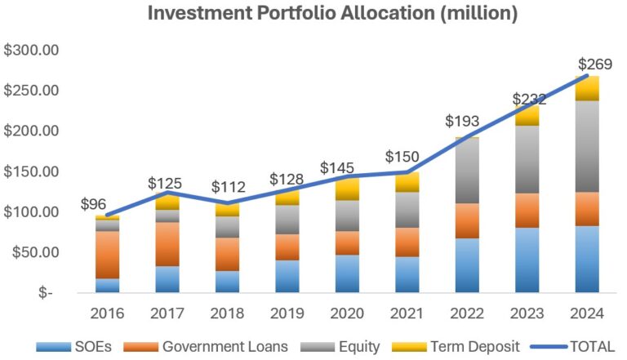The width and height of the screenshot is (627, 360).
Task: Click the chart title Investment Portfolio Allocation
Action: coord(313,14)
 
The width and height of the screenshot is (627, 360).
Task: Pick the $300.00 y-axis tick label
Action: coord(31,50)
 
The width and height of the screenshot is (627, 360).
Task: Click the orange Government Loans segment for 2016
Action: coord(107,255)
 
